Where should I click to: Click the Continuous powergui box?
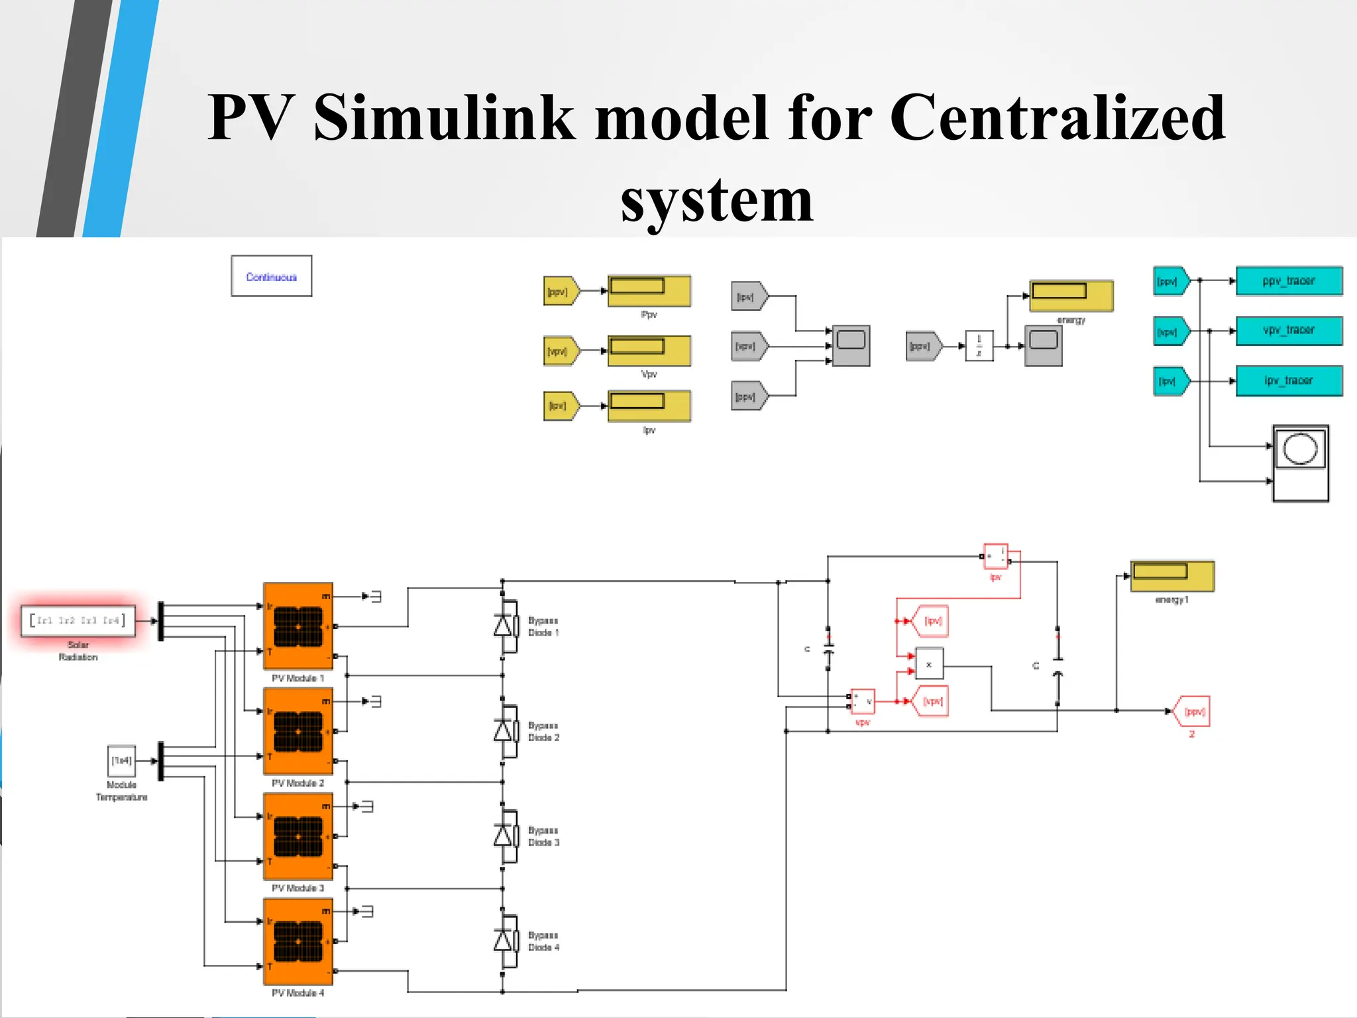coord(271,276)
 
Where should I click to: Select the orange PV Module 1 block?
coord(298,626)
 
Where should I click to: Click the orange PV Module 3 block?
coord(298,836)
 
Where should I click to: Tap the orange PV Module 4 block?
coord(298,941)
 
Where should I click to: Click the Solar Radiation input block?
coord(78,621)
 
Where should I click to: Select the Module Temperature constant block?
coord(121,761)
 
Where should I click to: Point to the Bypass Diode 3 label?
coord(543,836)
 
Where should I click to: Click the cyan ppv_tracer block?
coord(1289,281)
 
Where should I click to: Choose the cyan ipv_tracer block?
coord(1289,380)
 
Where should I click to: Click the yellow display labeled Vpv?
coord(649,351)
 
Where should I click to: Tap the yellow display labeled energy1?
coord(1171,576)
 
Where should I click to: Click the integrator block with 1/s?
coord(979,346)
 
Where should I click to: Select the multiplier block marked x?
coord(929,664)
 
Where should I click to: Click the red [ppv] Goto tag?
coord(1193,711)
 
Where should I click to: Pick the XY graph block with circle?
coord(1300,463)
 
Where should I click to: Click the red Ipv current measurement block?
coord(995,557)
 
